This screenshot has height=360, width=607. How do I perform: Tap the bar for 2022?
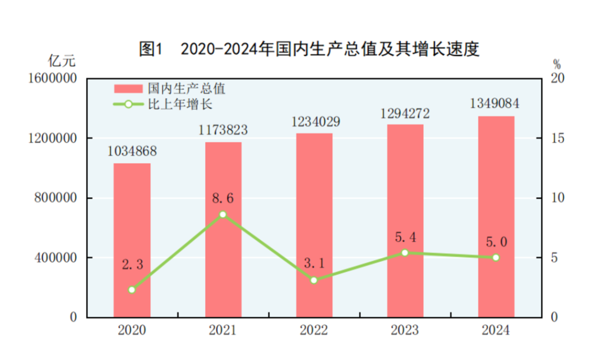point(314,225)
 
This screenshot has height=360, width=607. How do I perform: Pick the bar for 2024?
point(496,217)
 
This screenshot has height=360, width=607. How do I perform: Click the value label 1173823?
point(223,130)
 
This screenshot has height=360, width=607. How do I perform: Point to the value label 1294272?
point(405,113)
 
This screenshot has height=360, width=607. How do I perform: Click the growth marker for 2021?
point(223,215)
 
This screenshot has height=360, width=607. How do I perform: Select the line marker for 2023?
point(405,253)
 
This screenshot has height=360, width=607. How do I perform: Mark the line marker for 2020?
point(132,290)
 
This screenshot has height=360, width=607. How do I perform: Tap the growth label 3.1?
point(314,263)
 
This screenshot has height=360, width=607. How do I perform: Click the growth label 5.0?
point(496,241)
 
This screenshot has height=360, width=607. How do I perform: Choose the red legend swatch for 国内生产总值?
point(129,89)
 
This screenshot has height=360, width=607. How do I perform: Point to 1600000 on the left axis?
point(52,79)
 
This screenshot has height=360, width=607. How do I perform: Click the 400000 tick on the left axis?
point(55,258)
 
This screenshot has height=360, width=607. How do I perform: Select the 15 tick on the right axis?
point(556,138)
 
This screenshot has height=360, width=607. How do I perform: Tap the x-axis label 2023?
point(405,330)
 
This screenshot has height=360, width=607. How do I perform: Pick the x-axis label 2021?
point(223,330)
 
